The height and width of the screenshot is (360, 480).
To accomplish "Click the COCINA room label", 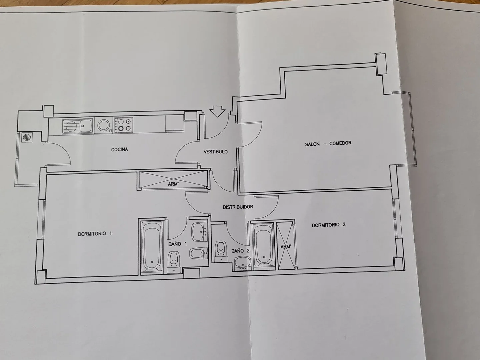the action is pyautogui.click(x=119, y=150).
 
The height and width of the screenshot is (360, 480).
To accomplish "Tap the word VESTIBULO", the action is pyautogui.click(x=216, y=152).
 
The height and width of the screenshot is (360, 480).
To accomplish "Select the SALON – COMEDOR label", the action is pyautogui.click(x=328, y=144).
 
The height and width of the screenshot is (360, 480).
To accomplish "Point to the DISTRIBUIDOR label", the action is pyautogui.click(x=238, y=207).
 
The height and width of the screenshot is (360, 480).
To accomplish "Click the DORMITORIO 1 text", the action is pyautogui.click(x=95, y=234).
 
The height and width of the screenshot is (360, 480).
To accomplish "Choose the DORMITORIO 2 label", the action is pyautogui.click(x=329, y=225).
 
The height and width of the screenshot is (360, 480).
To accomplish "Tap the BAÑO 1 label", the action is pyautogui.click(x=178, y=244).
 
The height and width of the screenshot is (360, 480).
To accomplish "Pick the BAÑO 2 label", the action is pyautogui.click(x=241, y=251).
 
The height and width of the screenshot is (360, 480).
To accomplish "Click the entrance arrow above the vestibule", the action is pyautogui.click(x=217, y=111).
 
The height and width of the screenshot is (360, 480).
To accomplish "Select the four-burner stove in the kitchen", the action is pyautogui.click(x=123, y=125).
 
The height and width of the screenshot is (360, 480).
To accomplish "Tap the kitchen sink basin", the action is pyautogui.click(x=86, y=125).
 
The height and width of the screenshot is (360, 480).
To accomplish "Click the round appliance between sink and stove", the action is pyautogui.click(x=102, y=125).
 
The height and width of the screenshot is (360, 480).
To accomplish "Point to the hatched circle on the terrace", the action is pyautogui.click(x=27, y=137).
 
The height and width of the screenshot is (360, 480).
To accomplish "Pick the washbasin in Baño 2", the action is pyautogui.click(x=242, y=264).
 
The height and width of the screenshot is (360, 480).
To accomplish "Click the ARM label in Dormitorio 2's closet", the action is pyautogui.click(x=286, y=247).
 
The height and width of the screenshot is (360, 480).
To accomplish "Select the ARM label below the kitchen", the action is pyautogui.click(x=173, y=184).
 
